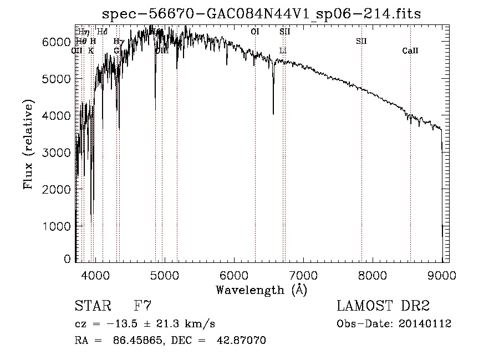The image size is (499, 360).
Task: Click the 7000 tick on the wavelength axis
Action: click(303, 275)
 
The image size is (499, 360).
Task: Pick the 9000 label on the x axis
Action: click(442, 275)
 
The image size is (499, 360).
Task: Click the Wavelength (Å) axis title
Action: click(261, 289)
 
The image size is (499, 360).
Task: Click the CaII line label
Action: click(410, 51)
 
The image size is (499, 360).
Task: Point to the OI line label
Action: click(255, 32)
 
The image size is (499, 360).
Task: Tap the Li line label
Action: click(283, 51)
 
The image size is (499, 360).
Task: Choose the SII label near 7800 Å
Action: click(361, 41)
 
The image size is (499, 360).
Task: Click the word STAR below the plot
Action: click(92, 306)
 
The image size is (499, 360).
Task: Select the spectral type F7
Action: click(142, 306)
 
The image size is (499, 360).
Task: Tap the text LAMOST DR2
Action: click(383, 306)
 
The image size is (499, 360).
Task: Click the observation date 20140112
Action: click(425, 324)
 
